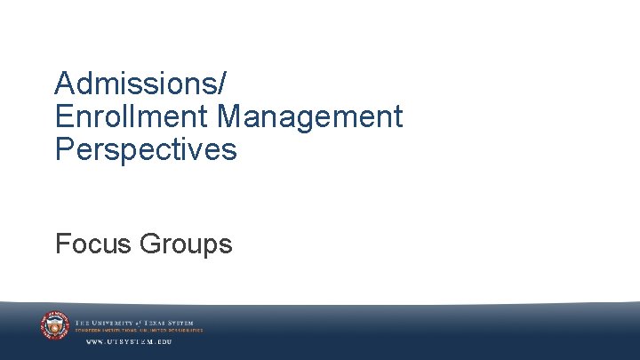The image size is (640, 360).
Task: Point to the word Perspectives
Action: point(146,149)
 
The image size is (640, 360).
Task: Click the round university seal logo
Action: point(54,325)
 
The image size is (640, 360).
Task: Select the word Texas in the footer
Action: point(161,323)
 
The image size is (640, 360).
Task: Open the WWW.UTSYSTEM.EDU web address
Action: point(128,341)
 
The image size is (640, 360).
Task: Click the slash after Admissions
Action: point(222,84)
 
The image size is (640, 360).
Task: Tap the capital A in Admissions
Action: point(64,84)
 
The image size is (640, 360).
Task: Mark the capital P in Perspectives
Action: point(63,149)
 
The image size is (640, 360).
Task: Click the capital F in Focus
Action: point(62,243)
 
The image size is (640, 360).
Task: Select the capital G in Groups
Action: point(152,243)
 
